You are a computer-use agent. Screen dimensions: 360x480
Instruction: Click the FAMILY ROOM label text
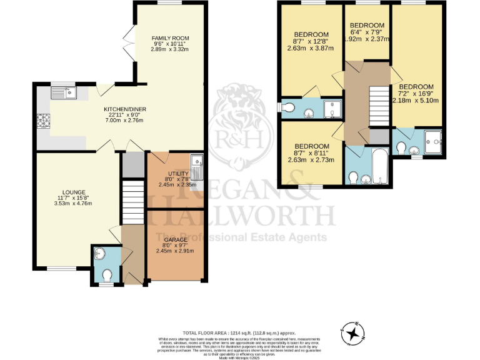[x=165, y=39]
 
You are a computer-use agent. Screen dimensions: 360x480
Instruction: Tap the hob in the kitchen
[x=44, y=120]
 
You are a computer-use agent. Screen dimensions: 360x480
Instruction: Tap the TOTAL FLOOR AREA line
[x=239, y=332]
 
